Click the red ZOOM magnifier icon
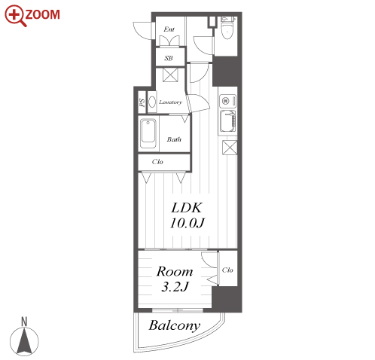[15, 16]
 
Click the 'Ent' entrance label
[169, 29]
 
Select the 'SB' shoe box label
[169, 58]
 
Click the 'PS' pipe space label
[142, 102]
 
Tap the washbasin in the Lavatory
[152, 102]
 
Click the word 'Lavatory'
[170, 102]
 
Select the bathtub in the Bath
[148, 133]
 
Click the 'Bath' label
[174, 139]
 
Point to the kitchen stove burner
[225, 101]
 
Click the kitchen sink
[228, 121]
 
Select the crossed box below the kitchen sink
[230, 148]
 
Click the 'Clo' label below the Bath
[157, 162]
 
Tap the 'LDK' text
[187, 208]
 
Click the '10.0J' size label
[187, 223]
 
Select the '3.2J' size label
[175, 287]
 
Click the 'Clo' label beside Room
[227, 270]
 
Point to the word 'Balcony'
[175, 325]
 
